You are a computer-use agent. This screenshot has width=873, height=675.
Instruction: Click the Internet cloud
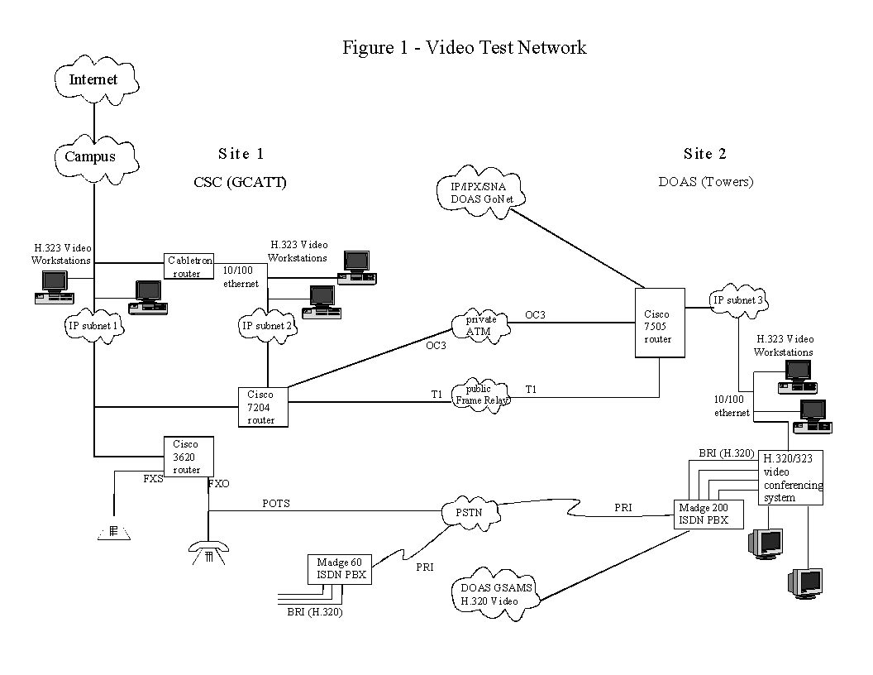(93, 80)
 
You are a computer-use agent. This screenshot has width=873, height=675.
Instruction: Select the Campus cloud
(91, 156)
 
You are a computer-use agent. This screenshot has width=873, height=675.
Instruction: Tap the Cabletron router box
(187, 266)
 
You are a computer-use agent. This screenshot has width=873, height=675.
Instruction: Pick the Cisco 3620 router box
(187, 456)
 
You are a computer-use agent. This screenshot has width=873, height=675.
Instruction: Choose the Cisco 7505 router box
(659, 322)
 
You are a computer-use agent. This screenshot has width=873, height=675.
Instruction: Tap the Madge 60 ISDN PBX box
(339, 569)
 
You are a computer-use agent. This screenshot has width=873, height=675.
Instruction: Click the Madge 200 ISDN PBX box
(708, 514)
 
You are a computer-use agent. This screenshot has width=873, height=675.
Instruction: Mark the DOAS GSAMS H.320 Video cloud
(492, 595)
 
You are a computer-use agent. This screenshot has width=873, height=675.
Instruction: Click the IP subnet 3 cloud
(738, 302)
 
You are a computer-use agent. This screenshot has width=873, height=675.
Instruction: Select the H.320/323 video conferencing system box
(792, 477)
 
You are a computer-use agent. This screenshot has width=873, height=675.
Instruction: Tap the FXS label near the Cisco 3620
(153, 479)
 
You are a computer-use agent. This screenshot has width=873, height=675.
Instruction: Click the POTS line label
(276, 503)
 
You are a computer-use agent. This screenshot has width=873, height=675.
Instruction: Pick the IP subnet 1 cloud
(95, 326)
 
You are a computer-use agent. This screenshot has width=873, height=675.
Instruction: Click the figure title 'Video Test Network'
(465, 47)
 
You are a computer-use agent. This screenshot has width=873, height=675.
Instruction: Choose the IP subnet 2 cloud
(267, 326)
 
